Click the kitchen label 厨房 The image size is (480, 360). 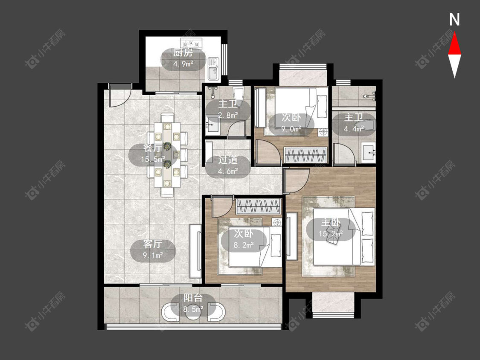coord(183,53)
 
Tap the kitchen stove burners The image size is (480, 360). coord(192,42)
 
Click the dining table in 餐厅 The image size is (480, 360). coord(167,154)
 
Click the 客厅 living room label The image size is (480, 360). coord(152,244)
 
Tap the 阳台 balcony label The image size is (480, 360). coord(193,298)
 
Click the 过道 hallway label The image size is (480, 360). coord(228,160)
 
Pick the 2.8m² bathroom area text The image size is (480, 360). coord(228,116)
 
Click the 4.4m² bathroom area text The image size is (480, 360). coord(354,129)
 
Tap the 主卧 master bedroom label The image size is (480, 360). coord(331,223)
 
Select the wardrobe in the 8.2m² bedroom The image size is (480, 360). coord(259,206)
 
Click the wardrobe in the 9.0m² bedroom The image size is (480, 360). coord(305,155)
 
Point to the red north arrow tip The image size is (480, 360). coord(454,33)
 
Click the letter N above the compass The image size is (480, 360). coord(454,20)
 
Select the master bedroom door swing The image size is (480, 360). coord(297,180)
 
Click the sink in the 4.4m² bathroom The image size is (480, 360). coord(369,152)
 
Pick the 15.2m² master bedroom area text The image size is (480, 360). coord(331,234)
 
